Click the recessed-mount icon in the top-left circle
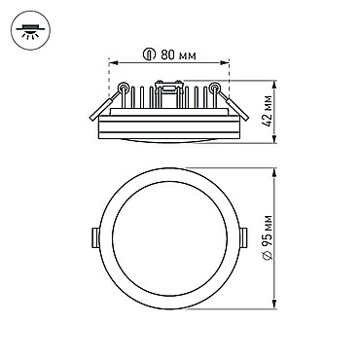coord(31,31)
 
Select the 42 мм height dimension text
coord(269,111)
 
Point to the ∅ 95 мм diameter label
coord(269,237)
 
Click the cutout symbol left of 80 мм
coord(148,55)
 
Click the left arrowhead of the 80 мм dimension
coord(113,62)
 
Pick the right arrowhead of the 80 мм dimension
coord(225,62)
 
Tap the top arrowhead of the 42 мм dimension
coord(274,85)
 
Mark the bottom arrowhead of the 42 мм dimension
coord(274,139)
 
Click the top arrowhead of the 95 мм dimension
coord(274,172)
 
